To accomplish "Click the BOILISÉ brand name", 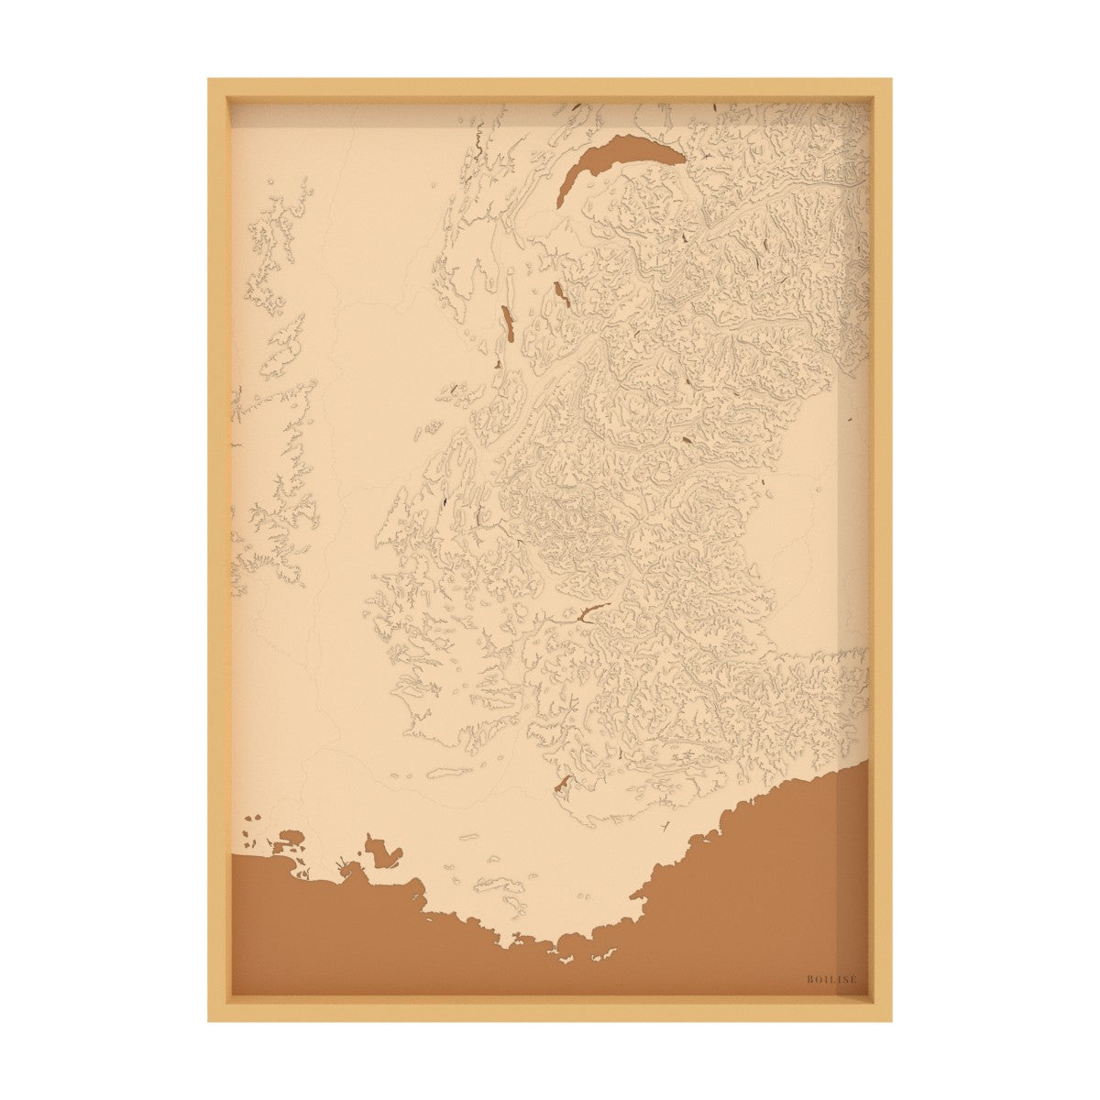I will [x=831, y=979].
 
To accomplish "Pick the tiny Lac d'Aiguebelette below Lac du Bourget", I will [x=496, y=366].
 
